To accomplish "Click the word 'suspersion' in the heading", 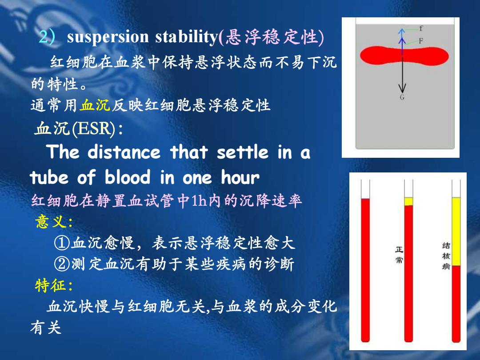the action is [x=108, y=37].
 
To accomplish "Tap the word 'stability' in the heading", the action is [x=186, y=36].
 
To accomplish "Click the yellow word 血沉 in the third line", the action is [x=95, y=105].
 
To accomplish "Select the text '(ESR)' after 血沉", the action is [x=94, y=128].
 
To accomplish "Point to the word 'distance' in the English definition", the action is [x=124, y=152].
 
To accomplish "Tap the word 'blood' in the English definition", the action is [x=128, y=177].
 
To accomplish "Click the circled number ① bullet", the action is [x=62, y=243].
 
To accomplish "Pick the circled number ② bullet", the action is [x=62, y=264].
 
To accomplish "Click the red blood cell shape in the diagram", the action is [x=404, y=56].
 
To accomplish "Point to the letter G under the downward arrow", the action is [x=402, y=97].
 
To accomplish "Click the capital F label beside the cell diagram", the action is [x=421, y=41].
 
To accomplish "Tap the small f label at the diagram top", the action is [x=421, y=28].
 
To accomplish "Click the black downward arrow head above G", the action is [x=402, y=89].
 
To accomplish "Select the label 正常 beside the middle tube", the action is [x=399, y=255].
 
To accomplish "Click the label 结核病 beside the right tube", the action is [x=446, y=256].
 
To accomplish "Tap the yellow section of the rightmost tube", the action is [x=456, y=232].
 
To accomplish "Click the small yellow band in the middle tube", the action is [x=409, y=201].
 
